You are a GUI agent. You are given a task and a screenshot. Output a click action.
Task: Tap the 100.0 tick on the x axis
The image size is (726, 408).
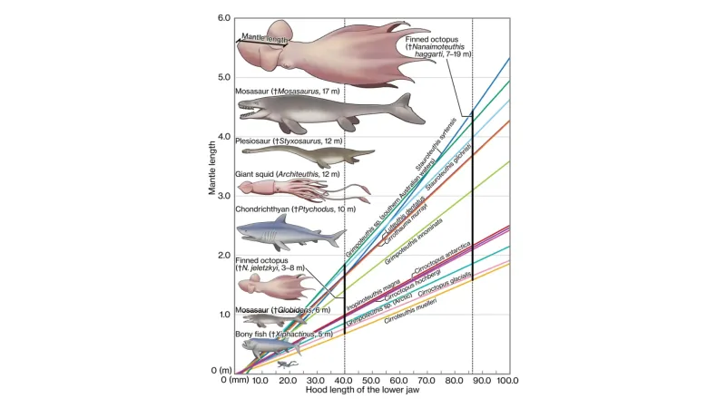point(507,381)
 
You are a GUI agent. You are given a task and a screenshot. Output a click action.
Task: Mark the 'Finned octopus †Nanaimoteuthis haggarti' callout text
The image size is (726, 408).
point(439,46)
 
